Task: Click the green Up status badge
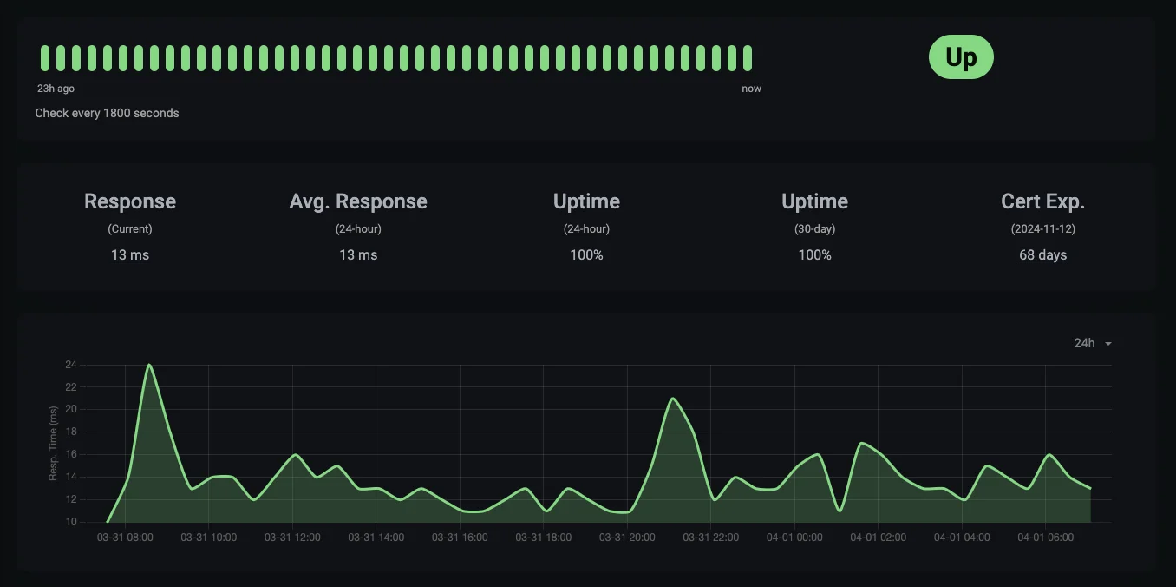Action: (961, 57)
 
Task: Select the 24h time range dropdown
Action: (1092, 343)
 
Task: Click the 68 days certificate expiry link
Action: (1042, 255)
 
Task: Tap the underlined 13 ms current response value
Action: (130, 255)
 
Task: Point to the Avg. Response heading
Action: (358, 201)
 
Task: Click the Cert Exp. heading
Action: (1042, 201)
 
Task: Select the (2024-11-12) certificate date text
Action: (1042, 229)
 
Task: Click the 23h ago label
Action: (56, 89)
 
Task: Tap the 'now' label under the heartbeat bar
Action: (751, 89)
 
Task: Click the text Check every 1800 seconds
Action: (108, 113)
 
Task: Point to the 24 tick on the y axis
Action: (70, 365)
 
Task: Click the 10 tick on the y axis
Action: (70, 522)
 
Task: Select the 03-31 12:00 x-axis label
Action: (292, 538)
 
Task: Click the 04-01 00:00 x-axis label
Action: (794, 538)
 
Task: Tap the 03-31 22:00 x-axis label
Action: (711, 538)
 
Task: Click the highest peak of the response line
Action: (149, 365)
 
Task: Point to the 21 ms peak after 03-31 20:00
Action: (673, 399)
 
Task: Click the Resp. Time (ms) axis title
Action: (53, 443)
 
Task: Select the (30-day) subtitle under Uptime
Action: (814, 229)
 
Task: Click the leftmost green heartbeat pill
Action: (45, 58)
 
